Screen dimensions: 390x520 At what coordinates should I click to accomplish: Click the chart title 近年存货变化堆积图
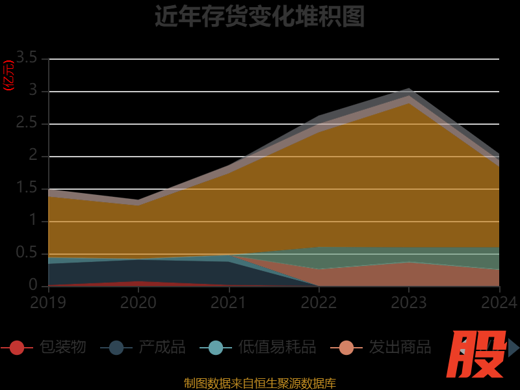[259, 16]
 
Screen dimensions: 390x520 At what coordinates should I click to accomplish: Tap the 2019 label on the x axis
[49, 302]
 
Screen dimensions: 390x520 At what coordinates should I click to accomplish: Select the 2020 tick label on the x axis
[138, 302]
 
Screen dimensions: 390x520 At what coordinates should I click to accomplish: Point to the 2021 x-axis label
[228, 302]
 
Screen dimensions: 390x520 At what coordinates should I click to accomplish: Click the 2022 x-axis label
[318, 302]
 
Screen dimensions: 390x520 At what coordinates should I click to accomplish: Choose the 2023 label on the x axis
[408, 302]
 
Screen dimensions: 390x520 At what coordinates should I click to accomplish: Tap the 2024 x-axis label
[499, 302]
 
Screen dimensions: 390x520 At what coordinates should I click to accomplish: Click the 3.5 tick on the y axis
[28, 58]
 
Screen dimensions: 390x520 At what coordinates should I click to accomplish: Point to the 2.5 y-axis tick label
[28, 123]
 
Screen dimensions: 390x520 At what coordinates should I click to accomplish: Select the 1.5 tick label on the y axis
[28, 188]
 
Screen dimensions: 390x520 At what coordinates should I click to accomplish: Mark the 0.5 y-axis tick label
[28, 253]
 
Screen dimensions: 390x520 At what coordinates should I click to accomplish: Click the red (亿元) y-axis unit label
[8, 75]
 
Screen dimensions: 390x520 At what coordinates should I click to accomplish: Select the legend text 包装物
[62, 347]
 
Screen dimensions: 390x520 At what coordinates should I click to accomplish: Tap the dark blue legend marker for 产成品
[116, 348]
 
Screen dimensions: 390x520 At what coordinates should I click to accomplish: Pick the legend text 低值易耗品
[277, 347]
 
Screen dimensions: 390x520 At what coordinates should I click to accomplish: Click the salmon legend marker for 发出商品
[346, 348]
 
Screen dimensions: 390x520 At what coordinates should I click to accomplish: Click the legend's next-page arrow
[513, 348]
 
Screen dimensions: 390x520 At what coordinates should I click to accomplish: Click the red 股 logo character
[478, 354]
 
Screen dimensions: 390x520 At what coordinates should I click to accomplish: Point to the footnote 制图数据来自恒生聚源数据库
[259, 383]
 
